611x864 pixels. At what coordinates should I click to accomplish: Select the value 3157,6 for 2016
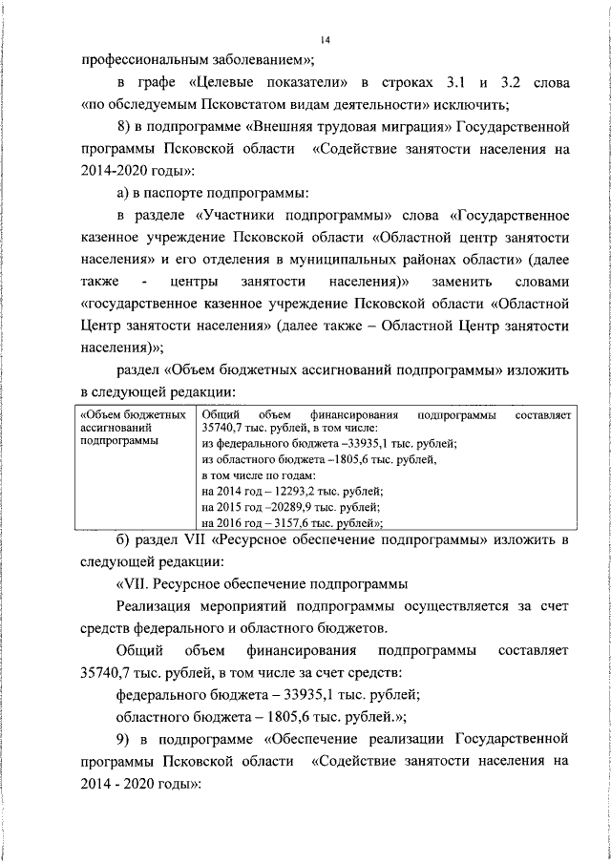coord(288,522)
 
